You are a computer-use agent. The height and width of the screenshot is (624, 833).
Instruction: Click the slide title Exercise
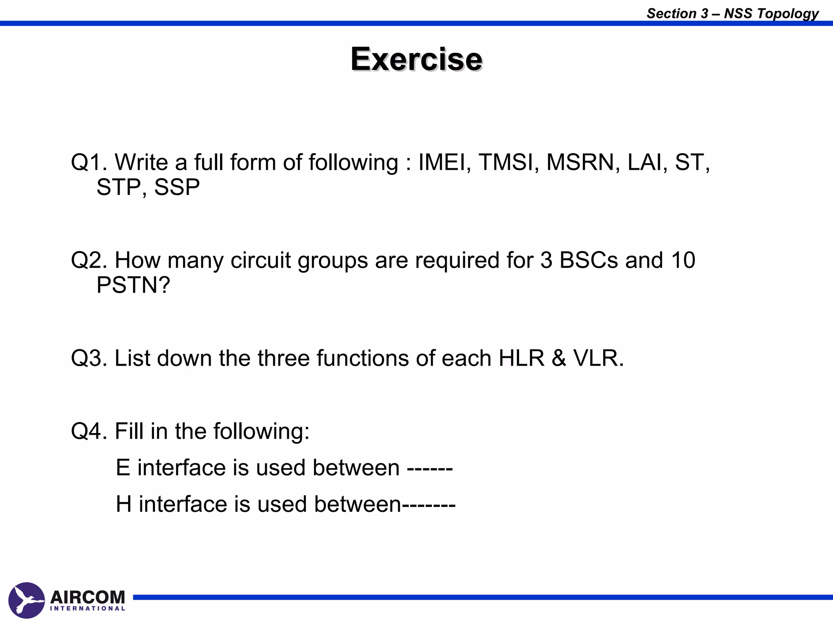point(416,59)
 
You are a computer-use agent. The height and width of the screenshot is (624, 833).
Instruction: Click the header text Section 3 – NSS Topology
point(733,13)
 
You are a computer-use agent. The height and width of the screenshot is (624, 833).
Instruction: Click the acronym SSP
point(177,187)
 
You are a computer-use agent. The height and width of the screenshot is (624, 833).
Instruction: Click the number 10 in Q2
point(683,260)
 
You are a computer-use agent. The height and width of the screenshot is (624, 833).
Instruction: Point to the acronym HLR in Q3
point(521,358)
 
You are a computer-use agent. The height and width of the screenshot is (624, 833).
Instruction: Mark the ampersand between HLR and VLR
point(559,358)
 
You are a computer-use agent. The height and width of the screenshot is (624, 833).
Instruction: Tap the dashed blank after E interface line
point(430,468)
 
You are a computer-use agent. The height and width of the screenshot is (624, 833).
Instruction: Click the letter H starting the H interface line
point(124,504)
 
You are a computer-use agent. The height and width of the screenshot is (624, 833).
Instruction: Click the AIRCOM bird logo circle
point(26,600)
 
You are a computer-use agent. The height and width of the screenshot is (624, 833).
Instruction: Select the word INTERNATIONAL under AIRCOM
point(87,609)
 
